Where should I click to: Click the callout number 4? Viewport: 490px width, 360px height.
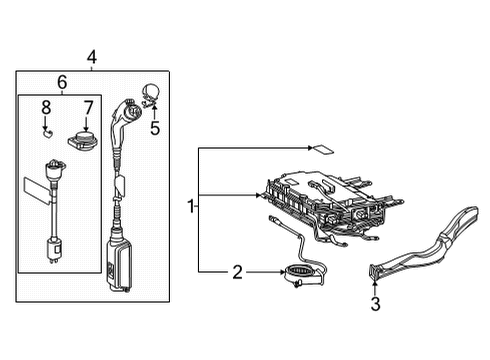pos(92,58)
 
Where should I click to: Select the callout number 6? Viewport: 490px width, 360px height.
pos(61,82)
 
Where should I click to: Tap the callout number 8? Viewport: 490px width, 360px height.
pos(45,106)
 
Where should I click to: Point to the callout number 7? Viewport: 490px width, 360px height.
pos(87,106)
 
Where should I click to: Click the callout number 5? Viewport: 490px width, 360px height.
pos(155,128)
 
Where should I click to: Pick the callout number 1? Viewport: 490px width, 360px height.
pos(190,207)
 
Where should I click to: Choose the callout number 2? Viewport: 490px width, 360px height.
pos(237,271)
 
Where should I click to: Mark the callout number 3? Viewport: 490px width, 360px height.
pos(376,305)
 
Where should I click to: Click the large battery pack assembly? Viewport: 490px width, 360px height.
pos(325,200)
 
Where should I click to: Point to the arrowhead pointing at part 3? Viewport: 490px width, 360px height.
pos(376,287)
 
